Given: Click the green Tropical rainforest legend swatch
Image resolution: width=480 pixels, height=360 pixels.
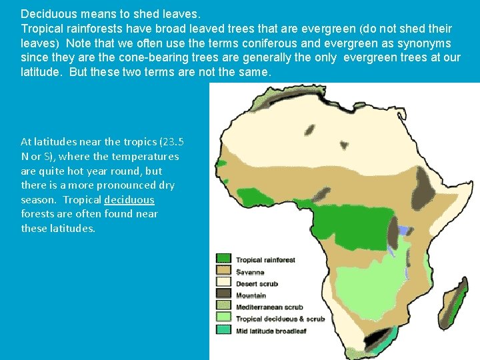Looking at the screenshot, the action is tap(223, 259).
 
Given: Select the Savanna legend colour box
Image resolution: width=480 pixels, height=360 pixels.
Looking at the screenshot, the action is tap(223, 271).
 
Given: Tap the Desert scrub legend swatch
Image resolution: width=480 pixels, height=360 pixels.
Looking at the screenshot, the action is tap(223, 283).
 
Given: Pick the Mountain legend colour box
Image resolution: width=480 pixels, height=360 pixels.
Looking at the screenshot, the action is tap(223, 294).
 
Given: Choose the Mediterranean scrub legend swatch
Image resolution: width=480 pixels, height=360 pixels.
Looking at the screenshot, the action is tap(223, 306).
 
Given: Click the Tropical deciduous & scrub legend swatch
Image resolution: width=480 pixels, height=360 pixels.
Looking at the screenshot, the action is tap(223, 318).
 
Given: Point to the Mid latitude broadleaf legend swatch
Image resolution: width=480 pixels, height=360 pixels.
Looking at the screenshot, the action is tap(223, 329).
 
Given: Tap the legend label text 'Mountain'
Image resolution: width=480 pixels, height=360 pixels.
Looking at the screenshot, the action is tap(251, 295).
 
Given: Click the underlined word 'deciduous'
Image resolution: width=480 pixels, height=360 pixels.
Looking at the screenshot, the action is tap(129, 200).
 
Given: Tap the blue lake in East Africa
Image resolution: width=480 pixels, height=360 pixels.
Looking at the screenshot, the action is tap(404, 230).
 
